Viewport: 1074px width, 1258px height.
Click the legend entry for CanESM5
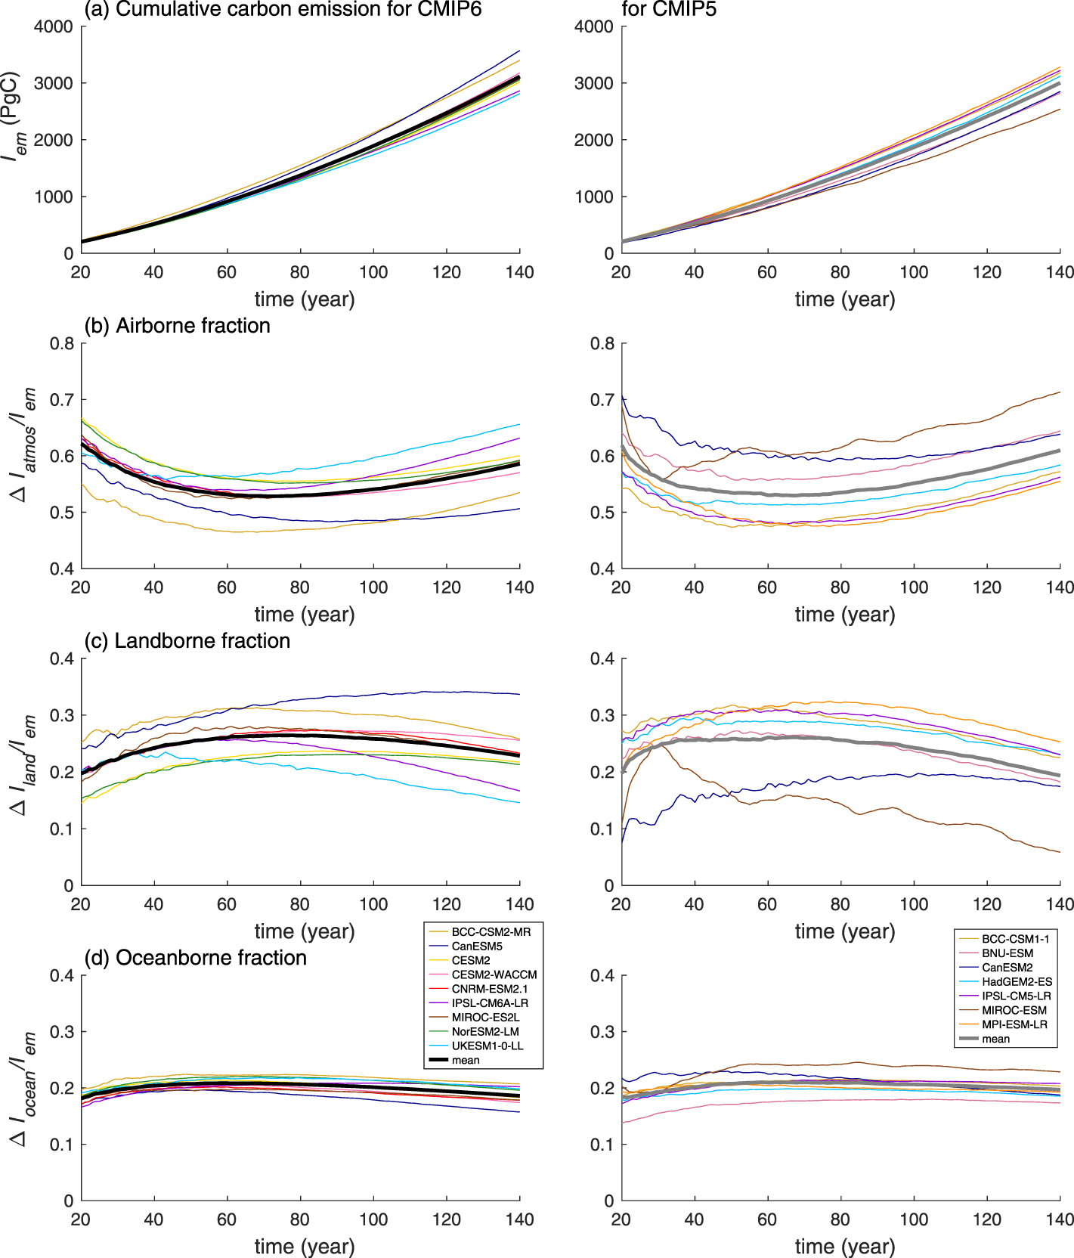(477, 946)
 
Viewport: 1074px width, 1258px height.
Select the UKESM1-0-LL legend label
(487, 1046)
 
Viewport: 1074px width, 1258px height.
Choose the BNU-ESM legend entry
(1007, 953)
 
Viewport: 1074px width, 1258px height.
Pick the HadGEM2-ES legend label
(1017, 981)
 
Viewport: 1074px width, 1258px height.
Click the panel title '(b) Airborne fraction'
(178, 326)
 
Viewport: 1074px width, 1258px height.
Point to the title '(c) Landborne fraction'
(187, 641)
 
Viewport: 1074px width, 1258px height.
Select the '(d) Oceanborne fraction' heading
(196, 958)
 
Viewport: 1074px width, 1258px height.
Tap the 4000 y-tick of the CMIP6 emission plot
(54, 26)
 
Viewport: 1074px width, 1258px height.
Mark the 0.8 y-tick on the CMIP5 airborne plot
(602, 344)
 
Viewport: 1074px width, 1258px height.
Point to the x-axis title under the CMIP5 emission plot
(844, 299)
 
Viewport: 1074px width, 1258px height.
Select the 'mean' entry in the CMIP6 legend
(466, 1060)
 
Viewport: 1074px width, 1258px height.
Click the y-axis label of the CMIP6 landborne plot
(23, 765)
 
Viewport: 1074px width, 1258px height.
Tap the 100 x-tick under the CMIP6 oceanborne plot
(373, 1219)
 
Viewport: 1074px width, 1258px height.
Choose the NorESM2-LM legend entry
(485, 1031)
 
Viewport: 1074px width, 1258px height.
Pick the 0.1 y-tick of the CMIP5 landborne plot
(602, 829)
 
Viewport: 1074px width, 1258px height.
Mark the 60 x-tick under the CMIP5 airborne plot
(767, 587)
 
